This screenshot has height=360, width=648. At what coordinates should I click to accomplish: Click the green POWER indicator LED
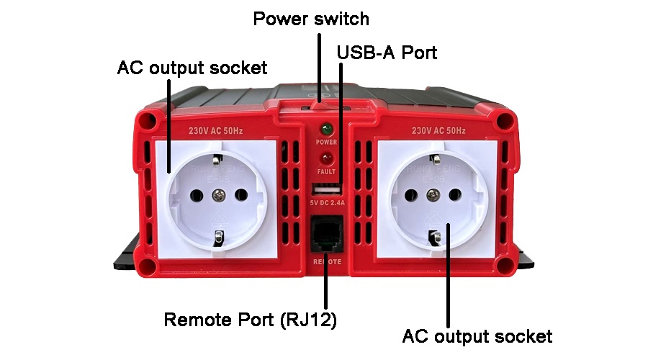tap(326, 130)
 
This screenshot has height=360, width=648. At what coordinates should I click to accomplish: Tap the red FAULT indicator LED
tap(326, 158)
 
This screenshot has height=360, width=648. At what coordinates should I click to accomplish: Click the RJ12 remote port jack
tap(326, 235)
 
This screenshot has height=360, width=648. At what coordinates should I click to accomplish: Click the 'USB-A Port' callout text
tap(387, 52)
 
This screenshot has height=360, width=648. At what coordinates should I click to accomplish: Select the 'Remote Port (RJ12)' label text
tap(251, 319)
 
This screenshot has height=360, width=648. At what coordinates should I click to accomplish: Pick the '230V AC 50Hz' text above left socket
tap(216, 132)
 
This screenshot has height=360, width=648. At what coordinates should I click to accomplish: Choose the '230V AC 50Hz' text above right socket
tap(438, 132)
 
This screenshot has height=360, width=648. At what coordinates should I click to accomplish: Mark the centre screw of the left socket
tap(219, 194)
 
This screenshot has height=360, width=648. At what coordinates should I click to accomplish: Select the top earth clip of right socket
tap(433, 158)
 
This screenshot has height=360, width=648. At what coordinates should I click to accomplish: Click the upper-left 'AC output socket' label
tap(192, 68)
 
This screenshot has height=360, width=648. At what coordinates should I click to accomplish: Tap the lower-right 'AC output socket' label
tap(477, 336)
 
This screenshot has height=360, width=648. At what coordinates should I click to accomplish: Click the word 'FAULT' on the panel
tap(326, 172)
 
